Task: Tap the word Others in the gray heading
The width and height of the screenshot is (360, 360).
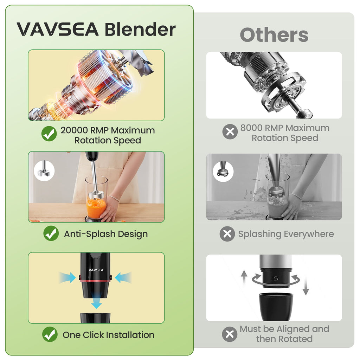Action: coord(274,35)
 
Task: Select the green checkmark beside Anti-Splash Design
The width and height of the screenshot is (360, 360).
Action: coord(51,233)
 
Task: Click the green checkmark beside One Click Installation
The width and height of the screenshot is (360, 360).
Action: coord(50,334)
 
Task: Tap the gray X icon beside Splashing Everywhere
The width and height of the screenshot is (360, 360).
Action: coord(227,234)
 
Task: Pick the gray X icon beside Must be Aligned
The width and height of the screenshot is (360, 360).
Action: coord(230,334)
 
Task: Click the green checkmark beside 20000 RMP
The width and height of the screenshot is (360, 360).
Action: coord(49,134)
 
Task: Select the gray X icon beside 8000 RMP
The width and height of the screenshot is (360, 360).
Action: coord(230,132)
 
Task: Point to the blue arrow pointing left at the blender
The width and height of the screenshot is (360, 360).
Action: coord(123,277)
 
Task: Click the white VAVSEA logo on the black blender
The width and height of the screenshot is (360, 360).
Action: coord(96,270)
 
